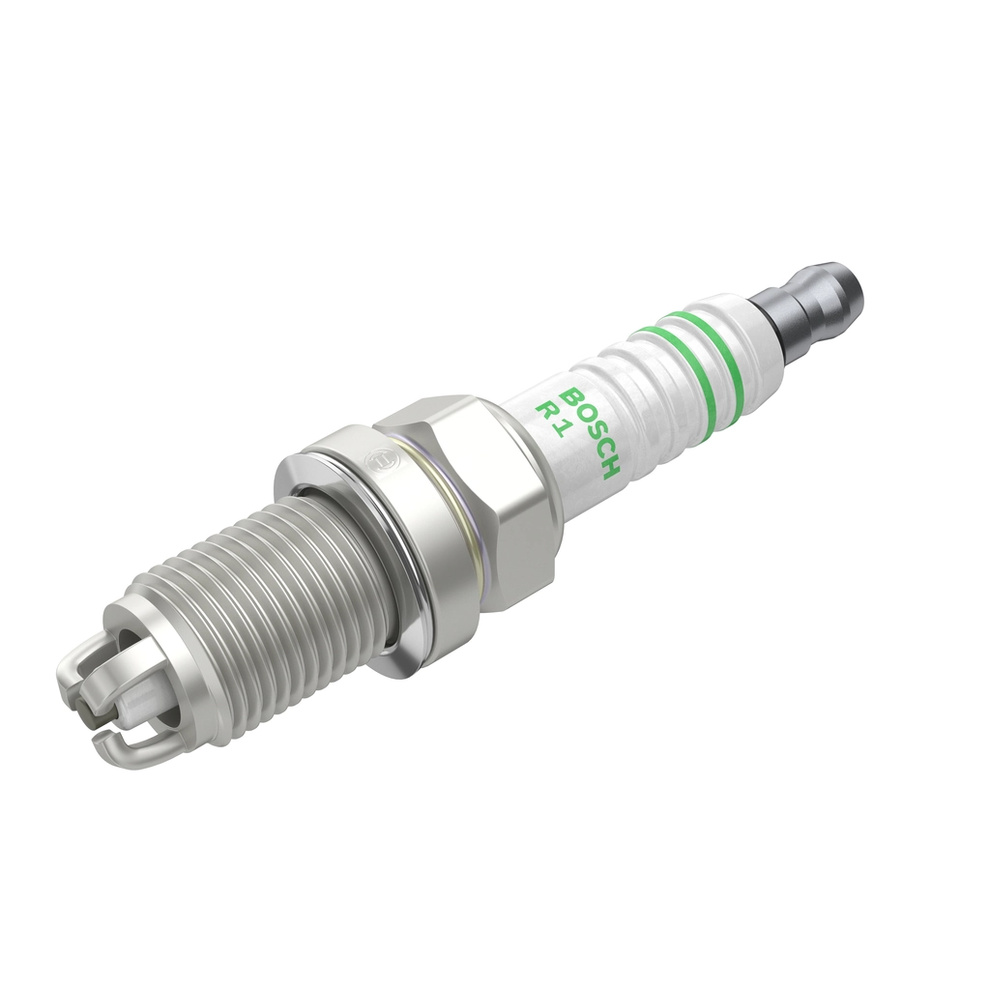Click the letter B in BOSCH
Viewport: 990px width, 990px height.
(x=571, y=396)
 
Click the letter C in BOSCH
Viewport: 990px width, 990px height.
(x=599, y=450)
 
